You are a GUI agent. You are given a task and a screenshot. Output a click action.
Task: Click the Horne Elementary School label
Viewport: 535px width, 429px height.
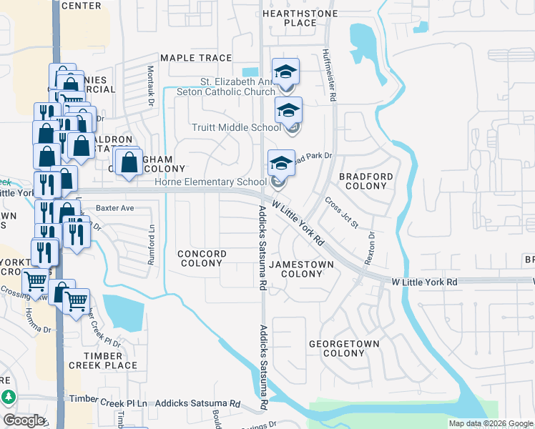211,182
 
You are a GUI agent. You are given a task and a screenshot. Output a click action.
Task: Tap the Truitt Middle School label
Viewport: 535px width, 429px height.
236,127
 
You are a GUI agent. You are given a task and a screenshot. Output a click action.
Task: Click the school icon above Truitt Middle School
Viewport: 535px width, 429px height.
288,110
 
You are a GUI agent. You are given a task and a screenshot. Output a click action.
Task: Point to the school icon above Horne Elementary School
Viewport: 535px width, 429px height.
281,163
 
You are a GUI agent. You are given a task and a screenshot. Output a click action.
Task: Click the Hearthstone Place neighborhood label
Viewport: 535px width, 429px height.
290,18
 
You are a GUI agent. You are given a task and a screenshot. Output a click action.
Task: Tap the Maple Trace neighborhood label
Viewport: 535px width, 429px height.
196,58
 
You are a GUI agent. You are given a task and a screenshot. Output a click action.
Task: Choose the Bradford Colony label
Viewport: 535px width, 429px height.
366,181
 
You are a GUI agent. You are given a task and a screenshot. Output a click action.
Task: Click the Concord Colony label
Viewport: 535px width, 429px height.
202,258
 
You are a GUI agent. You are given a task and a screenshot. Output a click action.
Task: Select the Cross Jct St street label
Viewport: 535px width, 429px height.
342,212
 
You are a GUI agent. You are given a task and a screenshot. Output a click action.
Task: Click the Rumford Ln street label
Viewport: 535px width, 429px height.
151,244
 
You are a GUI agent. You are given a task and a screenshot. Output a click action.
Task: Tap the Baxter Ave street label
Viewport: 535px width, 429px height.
115,208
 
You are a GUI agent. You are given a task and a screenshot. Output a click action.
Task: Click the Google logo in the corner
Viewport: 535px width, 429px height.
24,420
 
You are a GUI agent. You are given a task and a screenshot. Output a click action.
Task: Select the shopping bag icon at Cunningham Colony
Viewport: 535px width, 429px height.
129,162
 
